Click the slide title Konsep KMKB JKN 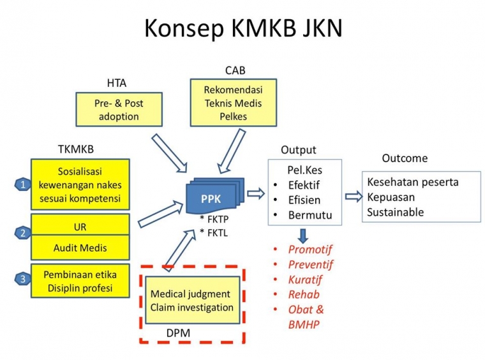click(243, 29)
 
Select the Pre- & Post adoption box click(119, 109)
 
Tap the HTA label click(116, 82)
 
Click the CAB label click(235, 70)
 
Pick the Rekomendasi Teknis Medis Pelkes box click(233, 103)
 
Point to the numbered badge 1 click(23, 185)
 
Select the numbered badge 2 click(23, 233)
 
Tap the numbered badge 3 click(23, 279)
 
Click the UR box click(80, 226)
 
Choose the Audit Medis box click(80, 248)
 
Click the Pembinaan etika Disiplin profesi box click(80, 281)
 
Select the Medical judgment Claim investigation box click(192, 301)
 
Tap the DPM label click(178, 332)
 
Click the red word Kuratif click(305, 280)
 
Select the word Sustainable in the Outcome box click(395, 212)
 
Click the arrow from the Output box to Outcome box click(352, 197)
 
